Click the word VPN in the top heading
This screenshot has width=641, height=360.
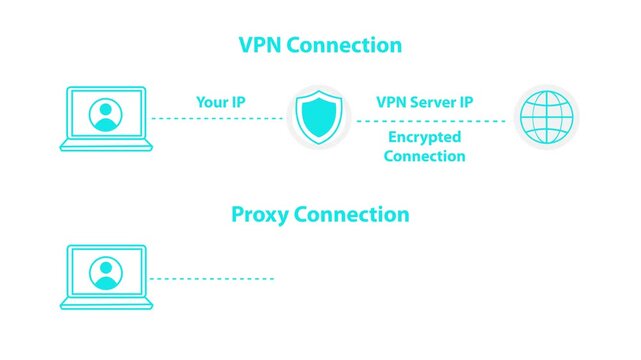pyautogui.click(x=262, y=46)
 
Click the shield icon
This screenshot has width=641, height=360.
pyautogui.click(x=320, y=118)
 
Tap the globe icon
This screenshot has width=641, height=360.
pyautogui.click(x=546, y=118)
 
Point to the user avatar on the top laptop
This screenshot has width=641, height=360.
pyautogui.click(x=105, y=114)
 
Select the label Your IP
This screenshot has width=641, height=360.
pyautogui.click(x=219, y=102)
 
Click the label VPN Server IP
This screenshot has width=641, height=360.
pyautogui.click(x=425, y=102)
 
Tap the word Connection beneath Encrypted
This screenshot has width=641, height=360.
pyautogui.click(x=425, y=157)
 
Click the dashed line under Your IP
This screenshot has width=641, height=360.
pyautogui.click(x=217, y=119)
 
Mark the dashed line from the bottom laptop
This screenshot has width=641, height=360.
pyautogui.click(x=211, y=278)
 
